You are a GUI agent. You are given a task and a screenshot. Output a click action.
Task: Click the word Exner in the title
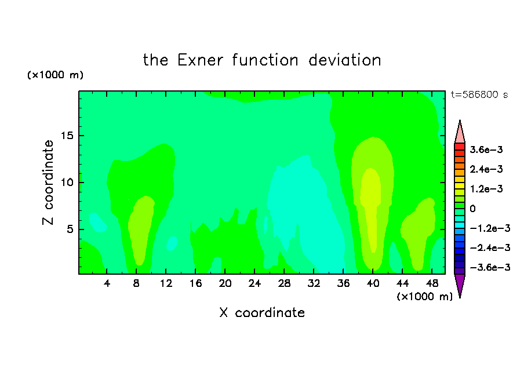(200, 60)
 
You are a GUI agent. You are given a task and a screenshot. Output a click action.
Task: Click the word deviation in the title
(345, 60)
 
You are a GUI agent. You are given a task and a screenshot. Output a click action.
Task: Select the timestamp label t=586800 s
(479, 95)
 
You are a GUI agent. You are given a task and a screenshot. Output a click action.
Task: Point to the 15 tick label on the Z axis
(67, 136)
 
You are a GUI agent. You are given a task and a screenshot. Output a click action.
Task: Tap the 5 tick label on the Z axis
(70, 229)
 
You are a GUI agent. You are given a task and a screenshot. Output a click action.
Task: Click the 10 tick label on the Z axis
(67, 183)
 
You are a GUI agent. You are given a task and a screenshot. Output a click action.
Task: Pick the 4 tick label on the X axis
(107, 283)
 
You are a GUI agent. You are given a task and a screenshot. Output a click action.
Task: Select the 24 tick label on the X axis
(254, 283)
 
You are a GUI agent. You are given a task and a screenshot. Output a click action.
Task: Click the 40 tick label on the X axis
(373, 283)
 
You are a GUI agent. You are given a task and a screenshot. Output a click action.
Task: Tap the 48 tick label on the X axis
(432, 283)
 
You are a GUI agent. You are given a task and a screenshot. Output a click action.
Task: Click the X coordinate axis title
(262, 312)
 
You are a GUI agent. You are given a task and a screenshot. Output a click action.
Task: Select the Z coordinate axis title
(48, 183)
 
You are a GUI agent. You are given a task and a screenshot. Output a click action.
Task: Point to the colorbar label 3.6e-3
(486, 150)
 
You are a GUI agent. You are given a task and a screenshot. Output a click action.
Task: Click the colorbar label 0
(472, 209)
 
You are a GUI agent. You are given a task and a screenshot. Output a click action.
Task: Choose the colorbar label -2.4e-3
(490, 248)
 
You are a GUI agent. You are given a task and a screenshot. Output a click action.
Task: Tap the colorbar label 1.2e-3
(486, 189)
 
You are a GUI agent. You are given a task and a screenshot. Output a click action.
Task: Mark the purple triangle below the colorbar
(460, 285)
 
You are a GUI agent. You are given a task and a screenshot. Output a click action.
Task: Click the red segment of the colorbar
(460, 147)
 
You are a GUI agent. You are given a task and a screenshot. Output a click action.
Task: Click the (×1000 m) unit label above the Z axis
(55, 75)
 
